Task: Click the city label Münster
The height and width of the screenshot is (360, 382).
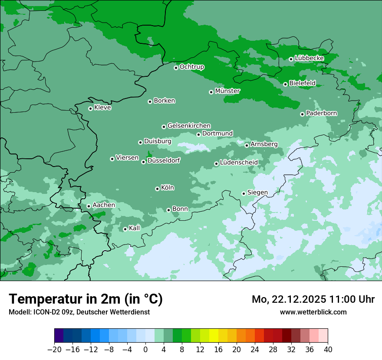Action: [x=227, y=91]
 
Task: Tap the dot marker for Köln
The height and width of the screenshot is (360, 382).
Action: [x=157, y=189]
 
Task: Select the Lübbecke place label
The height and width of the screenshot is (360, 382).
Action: [x=309, y=58]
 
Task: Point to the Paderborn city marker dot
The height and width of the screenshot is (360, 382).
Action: [x=302, y=114]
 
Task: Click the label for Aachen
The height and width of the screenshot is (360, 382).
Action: [x=104, y=205]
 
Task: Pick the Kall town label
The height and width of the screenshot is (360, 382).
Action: [x=135, y=228]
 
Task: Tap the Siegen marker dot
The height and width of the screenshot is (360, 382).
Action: [x=244, y=193]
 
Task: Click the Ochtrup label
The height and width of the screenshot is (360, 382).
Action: [x=192, y=67]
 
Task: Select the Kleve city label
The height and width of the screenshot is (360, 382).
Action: [x=102, y=108]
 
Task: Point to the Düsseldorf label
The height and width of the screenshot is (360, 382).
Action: [x=164, y=160]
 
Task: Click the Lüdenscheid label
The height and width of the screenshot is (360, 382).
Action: [x=239, y=163]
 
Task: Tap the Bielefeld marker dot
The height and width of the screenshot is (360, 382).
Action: [x=285, y=84]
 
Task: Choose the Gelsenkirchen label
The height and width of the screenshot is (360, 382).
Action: [x=189, y=126]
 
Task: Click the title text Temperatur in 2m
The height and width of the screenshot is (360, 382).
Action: [x=86, y=299]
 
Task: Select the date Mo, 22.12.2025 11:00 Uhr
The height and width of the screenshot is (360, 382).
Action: [x=313, y=299]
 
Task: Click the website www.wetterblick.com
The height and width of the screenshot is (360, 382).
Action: [x=313, y=312]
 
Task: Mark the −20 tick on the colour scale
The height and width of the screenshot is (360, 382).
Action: [x=55, y=350]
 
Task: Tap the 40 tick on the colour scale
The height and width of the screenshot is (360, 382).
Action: [x=328, y=350]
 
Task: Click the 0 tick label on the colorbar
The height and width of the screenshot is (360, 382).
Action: [x=145, y=350]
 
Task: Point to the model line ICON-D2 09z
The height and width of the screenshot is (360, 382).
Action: [x=79, y=312]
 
